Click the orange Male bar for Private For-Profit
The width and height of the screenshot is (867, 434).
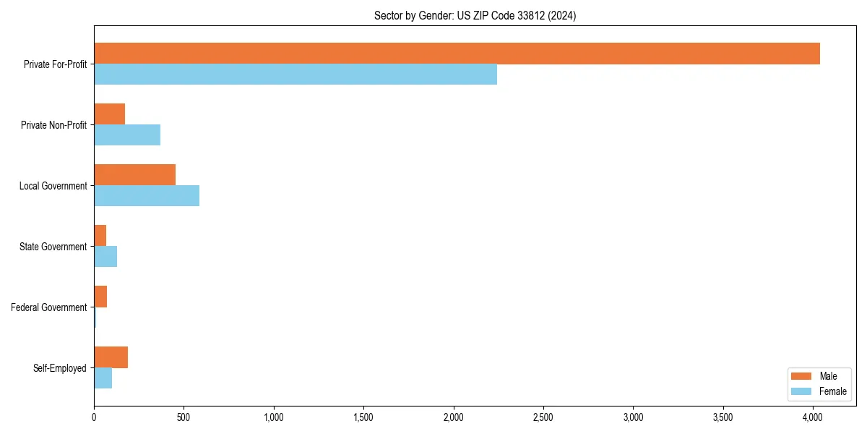pyautogui.click(x=457, y=54)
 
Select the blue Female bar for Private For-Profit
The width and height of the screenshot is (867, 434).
pyautogui.click(x=296, y=75)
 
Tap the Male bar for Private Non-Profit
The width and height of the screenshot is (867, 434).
pyautogui.click(x=109, y=114)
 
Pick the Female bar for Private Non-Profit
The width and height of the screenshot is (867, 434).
pyautogui.click(x=127, y=135)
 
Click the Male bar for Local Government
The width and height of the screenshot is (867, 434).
pyautogui.click(x=134, y=175)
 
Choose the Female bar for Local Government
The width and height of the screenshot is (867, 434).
pyautogui.click(x=147, y=196)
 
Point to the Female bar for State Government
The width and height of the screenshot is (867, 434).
pyautogui.click(x=105, y=257)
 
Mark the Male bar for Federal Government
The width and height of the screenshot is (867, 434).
pyautogui.click(x=100, y=297)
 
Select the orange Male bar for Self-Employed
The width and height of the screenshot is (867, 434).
pyautogui.click(x=111, y=357)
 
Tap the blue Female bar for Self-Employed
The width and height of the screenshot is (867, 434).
pyautogui.click(x=103, y=378)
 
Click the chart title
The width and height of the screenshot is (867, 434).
pyautogui.click(x=475, y=15)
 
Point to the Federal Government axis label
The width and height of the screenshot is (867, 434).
pyautogui.click(x=49, y=307)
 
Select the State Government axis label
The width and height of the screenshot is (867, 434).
pyautogui.click(x=53, y=247)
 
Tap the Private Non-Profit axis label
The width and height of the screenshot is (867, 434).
pyautogui.click(x=53, y=125)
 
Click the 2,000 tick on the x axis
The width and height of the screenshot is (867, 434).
pyautogui.click(x=453, y=417)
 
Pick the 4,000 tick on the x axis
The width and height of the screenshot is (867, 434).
pyautogui.click(x=813, y=417)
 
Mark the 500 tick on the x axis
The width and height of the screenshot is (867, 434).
pyautogui.click(x=184, y=417)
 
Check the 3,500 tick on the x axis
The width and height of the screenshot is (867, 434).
pyautogui.click(x=722, y=417)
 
